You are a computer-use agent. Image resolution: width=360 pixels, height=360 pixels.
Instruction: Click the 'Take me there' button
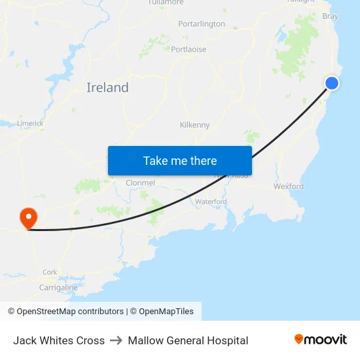[180, 160]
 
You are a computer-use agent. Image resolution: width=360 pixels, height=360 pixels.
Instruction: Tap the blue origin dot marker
[332, 83]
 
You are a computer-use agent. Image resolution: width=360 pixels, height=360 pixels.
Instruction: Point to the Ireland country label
[107, 88]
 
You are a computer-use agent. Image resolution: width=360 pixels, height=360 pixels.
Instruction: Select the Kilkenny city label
[194, 125]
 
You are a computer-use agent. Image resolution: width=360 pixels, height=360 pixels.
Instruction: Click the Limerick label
[30, 123]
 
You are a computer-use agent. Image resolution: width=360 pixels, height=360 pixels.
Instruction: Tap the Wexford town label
[289, 186]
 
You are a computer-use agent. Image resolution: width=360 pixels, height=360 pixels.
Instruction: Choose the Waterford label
[211, 202]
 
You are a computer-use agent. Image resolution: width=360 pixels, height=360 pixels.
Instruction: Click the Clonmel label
[140, 183]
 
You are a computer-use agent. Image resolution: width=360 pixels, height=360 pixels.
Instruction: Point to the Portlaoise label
[189, 49]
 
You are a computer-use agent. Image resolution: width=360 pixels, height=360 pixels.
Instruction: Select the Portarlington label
[202, 24]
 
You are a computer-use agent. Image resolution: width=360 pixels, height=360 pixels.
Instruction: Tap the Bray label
[331, 16]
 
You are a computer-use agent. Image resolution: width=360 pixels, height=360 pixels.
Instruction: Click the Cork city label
[50, 272]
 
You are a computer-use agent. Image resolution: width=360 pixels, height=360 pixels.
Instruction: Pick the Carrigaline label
[58, 287]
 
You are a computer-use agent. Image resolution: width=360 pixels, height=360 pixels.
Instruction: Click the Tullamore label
[166, 3]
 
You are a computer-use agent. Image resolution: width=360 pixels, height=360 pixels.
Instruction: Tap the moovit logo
[321, 340]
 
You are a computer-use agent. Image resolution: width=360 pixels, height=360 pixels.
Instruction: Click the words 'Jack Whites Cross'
[59, 340]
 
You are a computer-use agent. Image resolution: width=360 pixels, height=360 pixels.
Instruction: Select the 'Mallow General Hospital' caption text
[188, 340]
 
